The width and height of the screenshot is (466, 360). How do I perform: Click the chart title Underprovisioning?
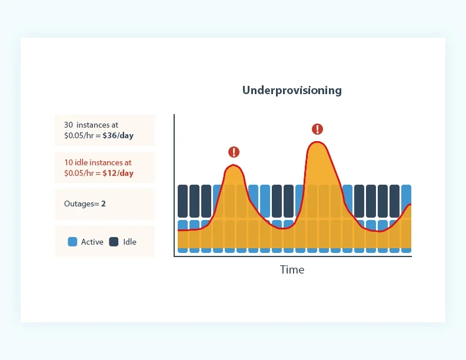tap(292, 91)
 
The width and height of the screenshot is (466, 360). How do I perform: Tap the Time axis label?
tap(292, 270)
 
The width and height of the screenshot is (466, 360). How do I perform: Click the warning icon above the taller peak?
tap(317, 129)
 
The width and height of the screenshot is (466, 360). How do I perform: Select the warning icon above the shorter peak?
tap(234, 152)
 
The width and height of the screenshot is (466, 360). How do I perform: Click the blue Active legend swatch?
tap(73, 242)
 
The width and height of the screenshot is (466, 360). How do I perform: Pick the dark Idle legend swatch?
tap(114, 242)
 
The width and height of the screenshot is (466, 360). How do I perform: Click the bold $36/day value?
tap(118, 136)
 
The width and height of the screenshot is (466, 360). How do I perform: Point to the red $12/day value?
tap(118, 173)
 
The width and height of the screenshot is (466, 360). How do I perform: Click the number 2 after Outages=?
tap(104, 204)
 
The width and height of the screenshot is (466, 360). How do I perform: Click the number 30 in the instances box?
tap(69, 125)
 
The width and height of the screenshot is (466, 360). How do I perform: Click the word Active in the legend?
tap(92, 242)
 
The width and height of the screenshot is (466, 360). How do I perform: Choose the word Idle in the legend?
tap(130, 242)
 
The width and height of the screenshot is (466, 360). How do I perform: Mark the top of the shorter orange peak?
tap(234, 167)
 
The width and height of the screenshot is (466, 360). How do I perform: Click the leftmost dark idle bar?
tap(183, 201)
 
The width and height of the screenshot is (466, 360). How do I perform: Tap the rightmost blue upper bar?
tap(406, 194)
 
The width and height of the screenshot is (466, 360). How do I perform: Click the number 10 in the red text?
tap(68, 162)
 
